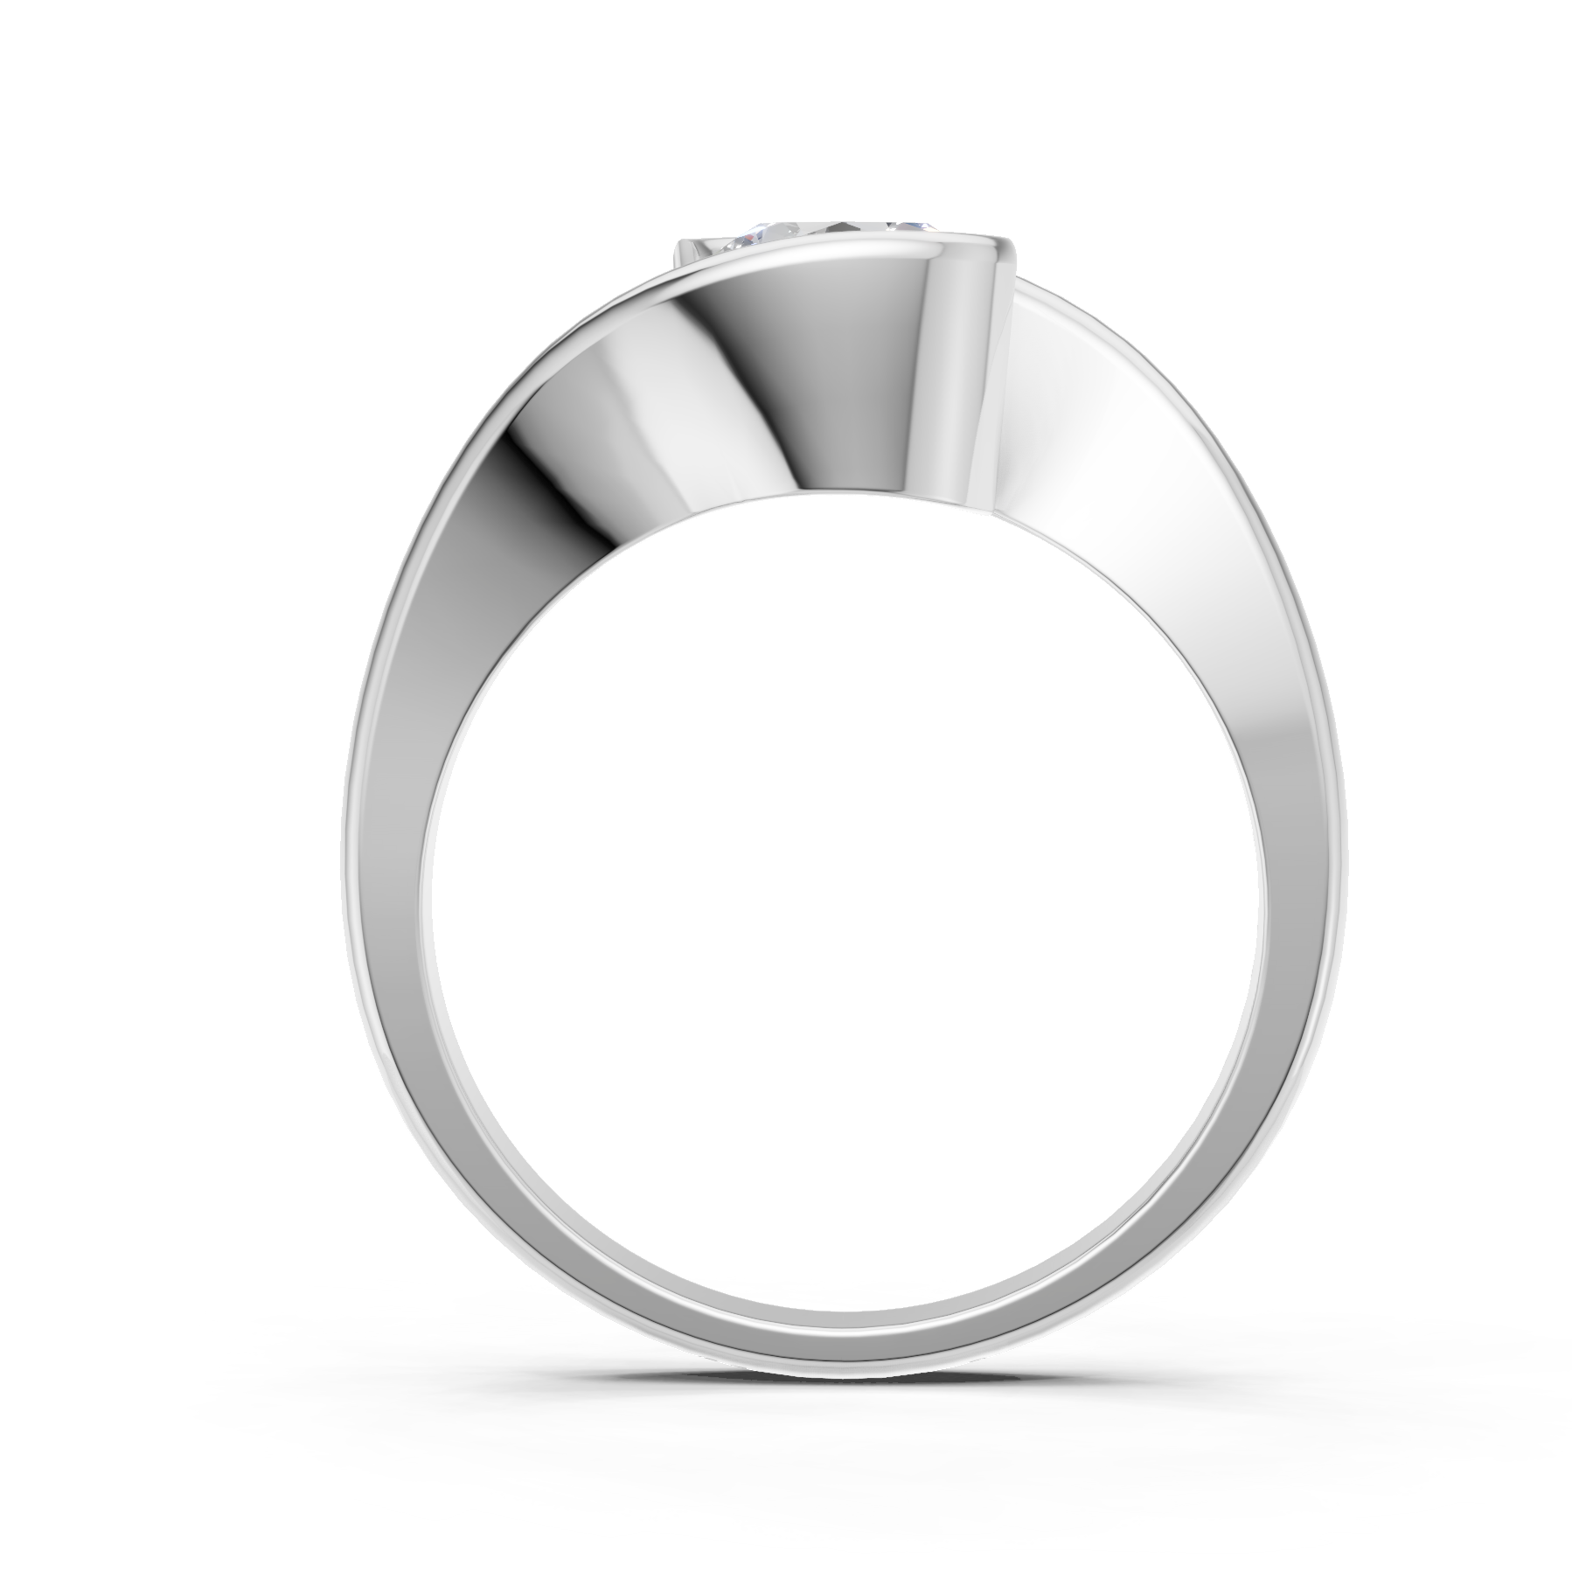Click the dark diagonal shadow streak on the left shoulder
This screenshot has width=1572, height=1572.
(542, 490)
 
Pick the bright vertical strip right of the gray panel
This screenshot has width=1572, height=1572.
(962, 367)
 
